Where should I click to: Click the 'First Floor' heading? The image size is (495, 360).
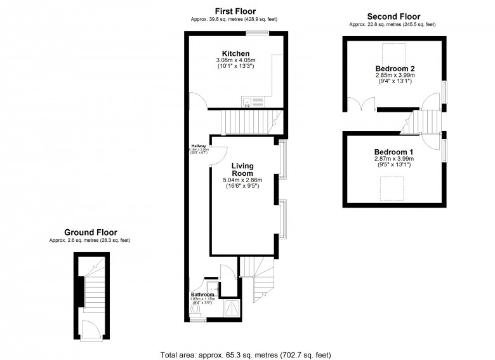coord(235,11)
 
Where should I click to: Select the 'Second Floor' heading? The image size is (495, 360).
coord(393,17)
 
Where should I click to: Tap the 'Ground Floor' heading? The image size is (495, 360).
coord(90,232)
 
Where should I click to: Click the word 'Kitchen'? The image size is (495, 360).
coord(235,53)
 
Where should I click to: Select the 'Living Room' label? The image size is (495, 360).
coord(242,169)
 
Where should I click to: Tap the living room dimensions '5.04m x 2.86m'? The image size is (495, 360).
coord(242,180)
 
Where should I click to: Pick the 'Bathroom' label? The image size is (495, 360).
coord(203,295)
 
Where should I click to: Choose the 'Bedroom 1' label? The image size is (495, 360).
coord(393,152)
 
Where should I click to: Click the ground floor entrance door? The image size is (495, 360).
coord(90,329)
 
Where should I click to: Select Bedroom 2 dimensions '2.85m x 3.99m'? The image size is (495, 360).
coord(394,74)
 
